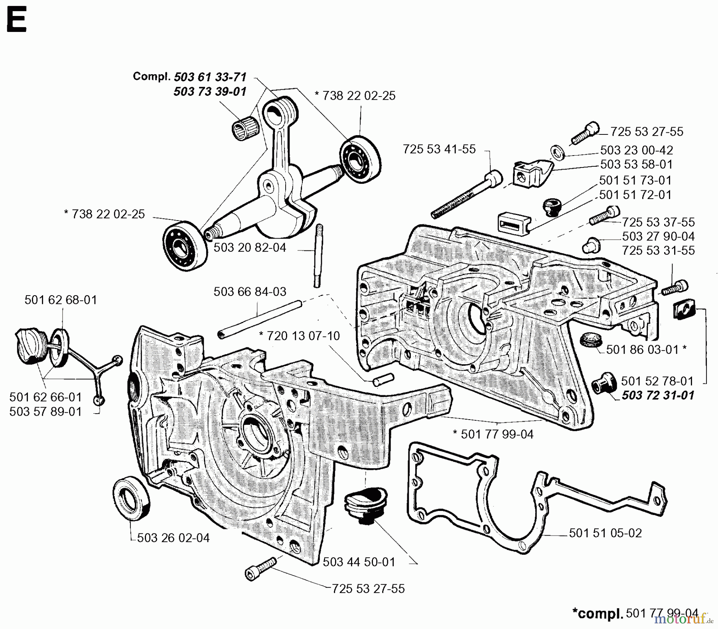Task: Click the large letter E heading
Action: [x=17, y=21]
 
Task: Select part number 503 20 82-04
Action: [x=250, y=248]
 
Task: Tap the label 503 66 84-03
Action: [x=250, y=292]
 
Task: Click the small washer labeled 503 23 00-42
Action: [x=557, y=152]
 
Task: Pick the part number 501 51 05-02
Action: [x=605, y=533]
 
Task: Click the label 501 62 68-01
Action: [x=61, y=300]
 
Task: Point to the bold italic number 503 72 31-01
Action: [x=658, y=395]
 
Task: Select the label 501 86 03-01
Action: [x=642, y=349]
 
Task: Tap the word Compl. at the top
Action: [x=152, y=77]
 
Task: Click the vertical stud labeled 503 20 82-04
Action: [x=319, y=256]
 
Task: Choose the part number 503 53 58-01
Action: [x=636, y=164]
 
